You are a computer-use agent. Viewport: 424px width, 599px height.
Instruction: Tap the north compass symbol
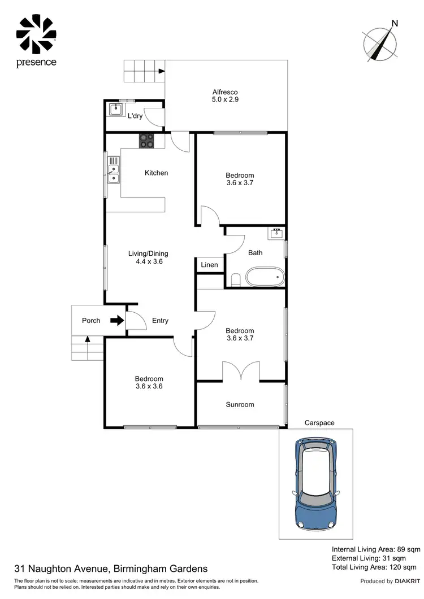pyautogui.click(x=380, y=42)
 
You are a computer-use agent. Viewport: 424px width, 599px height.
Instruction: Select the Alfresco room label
pyautogui.click(x=224, y=96)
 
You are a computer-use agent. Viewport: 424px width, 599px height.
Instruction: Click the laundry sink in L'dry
pyautogui.click(x=116, y=108)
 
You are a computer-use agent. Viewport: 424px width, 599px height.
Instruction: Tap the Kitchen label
pyautogui.click(x=156, y=173)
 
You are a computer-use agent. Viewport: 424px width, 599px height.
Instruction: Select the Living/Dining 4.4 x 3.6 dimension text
pyautogui.click(x=149, y=261)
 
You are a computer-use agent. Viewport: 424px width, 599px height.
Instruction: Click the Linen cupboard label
pyautogui.click(x=209, y=265)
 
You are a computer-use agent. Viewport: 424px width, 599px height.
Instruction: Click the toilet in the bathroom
pyautogui.click(x=236, y=279)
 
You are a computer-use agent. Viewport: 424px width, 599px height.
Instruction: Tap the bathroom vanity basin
pyautogui.click(x=277, y=233)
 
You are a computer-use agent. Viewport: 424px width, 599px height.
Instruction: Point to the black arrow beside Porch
pyautogui.click(x=116, y=321)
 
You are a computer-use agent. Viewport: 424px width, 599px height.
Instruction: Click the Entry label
pyautogui.click(x=160, y=321)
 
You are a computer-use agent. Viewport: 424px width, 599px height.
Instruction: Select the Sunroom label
pyautogui.click(x=240, y=404)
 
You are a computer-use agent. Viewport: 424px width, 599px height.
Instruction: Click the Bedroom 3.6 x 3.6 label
pyautogui.click(x=149, y=383)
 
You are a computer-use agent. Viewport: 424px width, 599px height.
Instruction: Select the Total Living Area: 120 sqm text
pyautogui.click(x=374, y=567)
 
